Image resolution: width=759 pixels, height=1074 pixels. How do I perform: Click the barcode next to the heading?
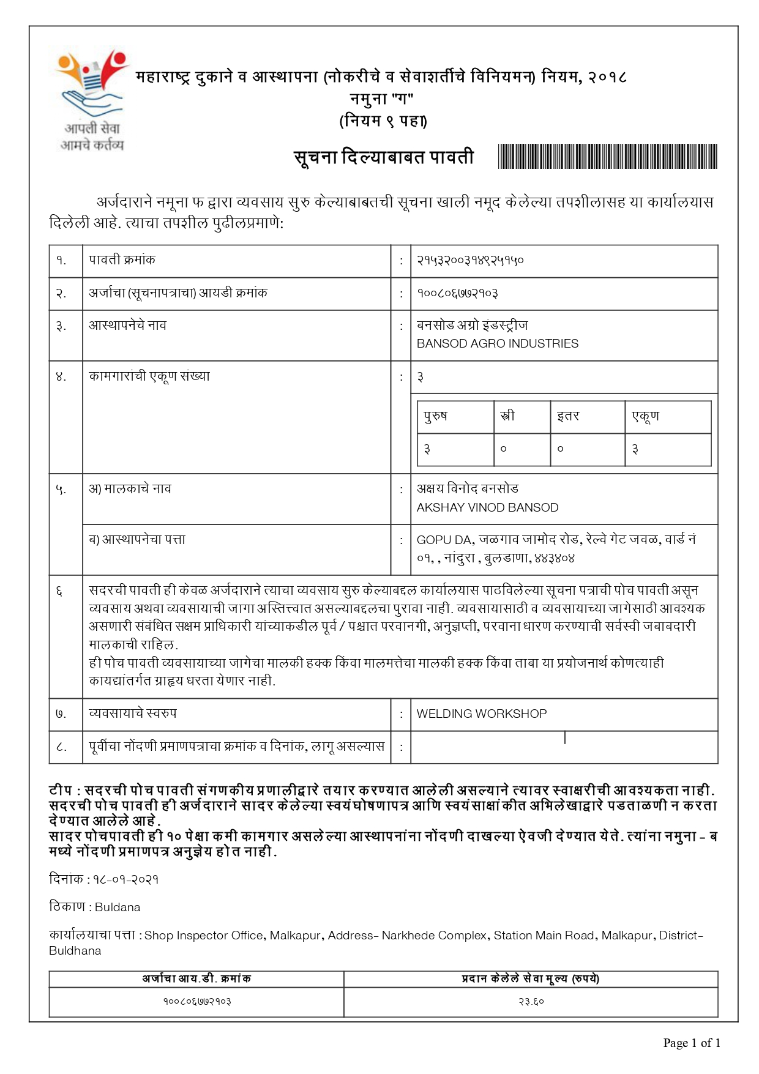(x=607, y=157)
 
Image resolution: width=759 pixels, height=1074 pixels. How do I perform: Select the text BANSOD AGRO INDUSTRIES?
(x=497, y=344)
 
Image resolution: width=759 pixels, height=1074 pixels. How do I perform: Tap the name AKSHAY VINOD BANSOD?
(x=487, y=507)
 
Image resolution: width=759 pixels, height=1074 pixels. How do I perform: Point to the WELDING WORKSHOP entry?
(x=482, y=714)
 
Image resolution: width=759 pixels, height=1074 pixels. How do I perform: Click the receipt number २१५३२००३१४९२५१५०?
(x=470, y=261)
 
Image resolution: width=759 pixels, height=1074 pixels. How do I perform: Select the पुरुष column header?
(x=436, y=416)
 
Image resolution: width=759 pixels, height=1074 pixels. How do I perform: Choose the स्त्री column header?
(x=507, y=416)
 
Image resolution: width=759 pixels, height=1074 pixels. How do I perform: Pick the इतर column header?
(x=568, y=416)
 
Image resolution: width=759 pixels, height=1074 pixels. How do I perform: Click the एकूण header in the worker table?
(x=645, y=416)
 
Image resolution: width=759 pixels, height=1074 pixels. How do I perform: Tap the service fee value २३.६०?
(x=531, y=1002)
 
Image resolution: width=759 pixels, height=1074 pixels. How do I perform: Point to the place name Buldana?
(x=118, y=907)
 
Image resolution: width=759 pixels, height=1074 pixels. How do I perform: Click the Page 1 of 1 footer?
(x=691, y=1043)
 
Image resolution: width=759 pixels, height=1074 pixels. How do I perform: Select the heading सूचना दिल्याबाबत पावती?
(x=384, y=157)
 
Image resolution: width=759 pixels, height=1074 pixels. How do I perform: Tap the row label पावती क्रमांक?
(x=122, y=260)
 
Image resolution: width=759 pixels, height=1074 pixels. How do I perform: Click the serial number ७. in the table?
(x=61, y=714)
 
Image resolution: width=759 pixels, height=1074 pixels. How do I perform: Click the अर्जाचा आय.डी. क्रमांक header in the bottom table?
(x=196, y=979)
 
